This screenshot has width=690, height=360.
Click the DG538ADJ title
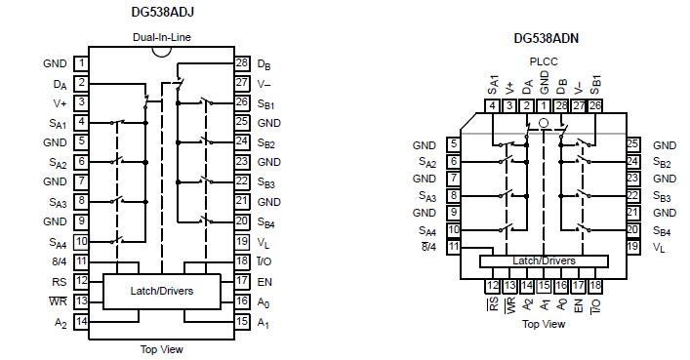[x=162, y=14]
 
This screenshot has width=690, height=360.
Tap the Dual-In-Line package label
[x=162, y=38]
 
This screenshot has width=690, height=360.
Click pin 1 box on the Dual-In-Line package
[x=81, y=63]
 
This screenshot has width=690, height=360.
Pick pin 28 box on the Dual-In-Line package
[x=242, y=63]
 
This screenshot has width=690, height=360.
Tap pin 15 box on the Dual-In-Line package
[x=242, y=322]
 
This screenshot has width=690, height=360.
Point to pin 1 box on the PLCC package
[x=545, y=105]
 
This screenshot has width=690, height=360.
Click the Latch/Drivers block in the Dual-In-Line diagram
[x=161, y=291]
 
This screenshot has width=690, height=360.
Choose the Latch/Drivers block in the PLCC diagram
[x=544, y=260]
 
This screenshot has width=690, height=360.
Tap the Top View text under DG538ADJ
[x=161, y=349]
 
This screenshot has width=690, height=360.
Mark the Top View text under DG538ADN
[x=544, y=324]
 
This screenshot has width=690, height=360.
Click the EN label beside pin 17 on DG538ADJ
[x=265, y=282]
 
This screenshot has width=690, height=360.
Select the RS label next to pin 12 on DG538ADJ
[x=59, y=282]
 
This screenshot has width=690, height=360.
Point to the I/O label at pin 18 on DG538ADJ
[x=265, y=262]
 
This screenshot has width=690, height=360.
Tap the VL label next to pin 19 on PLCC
[x=659, y=249]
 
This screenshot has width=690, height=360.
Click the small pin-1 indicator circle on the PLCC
[x=545, y=125]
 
